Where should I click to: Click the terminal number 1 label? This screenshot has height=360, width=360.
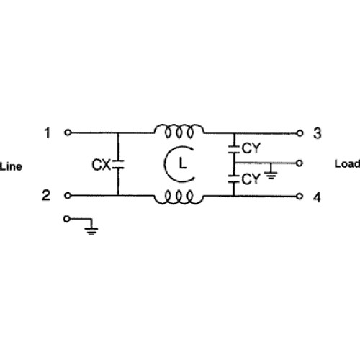coord(48,133)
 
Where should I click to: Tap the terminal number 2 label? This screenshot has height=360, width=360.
coord(46,195)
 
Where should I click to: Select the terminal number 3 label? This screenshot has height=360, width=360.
coord(318,133)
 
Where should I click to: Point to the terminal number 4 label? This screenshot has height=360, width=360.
coord(317,197)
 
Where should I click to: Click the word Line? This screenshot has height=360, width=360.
coord(11,166)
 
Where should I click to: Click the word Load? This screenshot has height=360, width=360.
coord(347,164)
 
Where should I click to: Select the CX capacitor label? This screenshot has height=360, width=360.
coord(101,165)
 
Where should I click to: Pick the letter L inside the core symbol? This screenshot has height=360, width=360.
coord(183,163)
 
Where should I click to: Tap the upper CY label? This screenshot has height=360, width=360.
coord(251,148)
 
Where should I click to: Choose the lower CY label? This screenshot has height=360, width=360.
coord(251,179)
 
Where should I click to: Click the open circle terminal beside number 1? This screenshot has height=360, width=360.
coord(68,132)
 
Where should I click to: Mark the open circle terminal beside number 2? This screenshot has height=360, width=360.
coord(68,196)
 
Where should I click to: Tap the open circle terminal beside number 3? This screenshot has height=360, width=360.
coord(300,133)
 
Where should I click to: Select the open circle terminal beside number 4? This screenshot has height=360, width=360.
coord(300,197)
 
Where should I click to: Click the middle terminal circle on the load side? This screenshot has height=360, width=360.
coord(299,163)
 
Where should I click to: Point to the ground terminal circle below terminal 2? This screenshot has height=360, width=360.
coord(67,219)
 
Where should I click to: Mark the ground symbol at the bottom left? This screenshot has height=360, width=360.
coord(91,231)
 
